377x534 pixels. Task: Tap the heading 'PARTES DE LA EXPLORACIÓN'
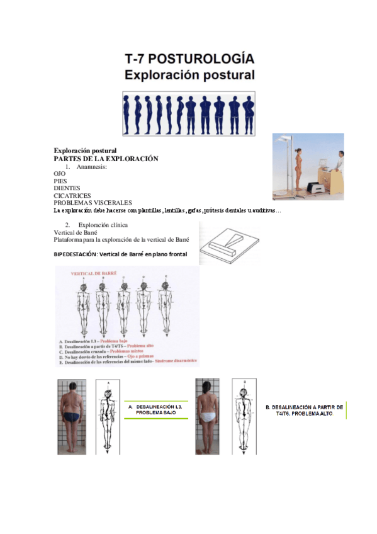click(x=106, y=159)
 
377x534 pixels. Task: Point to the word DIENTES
click(x=67, y=188)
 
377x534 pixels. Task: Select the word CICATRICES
click(x=70, y=196)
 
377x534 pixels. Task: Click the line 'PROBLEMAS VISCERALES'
click(x=93, y=203)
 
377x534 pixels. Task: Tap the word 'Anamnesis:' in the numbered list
click(x=93, y=167)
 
